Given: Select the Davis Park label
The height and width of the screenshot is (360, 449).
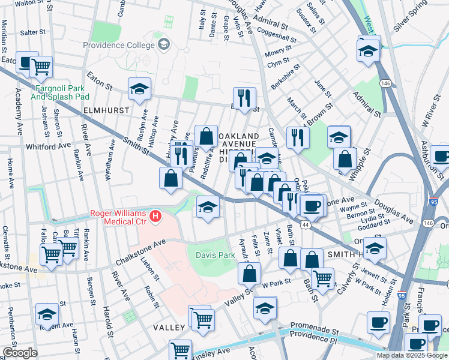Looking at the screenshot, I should (215, 255).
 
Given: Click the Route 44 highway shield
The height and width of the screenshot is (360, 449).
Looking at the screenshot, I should (306, 224).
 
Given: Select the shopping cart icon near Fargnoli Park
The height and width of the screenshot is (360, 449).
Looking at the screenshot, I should (40, 67).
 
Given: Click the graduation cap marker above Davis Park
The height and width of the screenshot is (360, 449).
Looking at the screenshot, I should (208, 208).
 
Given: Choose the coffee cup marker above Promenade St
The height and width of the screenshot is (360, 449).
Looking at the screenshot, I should (378, 322).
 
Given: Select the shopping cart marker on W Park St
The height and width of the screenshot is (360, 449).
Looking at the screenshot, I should (323, 278).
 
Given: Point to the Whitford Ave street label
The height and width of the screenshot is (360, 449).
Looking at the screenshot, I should (49, 146).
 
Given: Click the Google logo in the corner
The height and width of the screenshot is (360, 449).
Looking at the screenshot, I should (20, 353).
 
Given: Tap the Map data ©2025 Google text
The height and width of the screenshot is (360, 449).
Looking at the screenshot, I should (411, 355).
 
